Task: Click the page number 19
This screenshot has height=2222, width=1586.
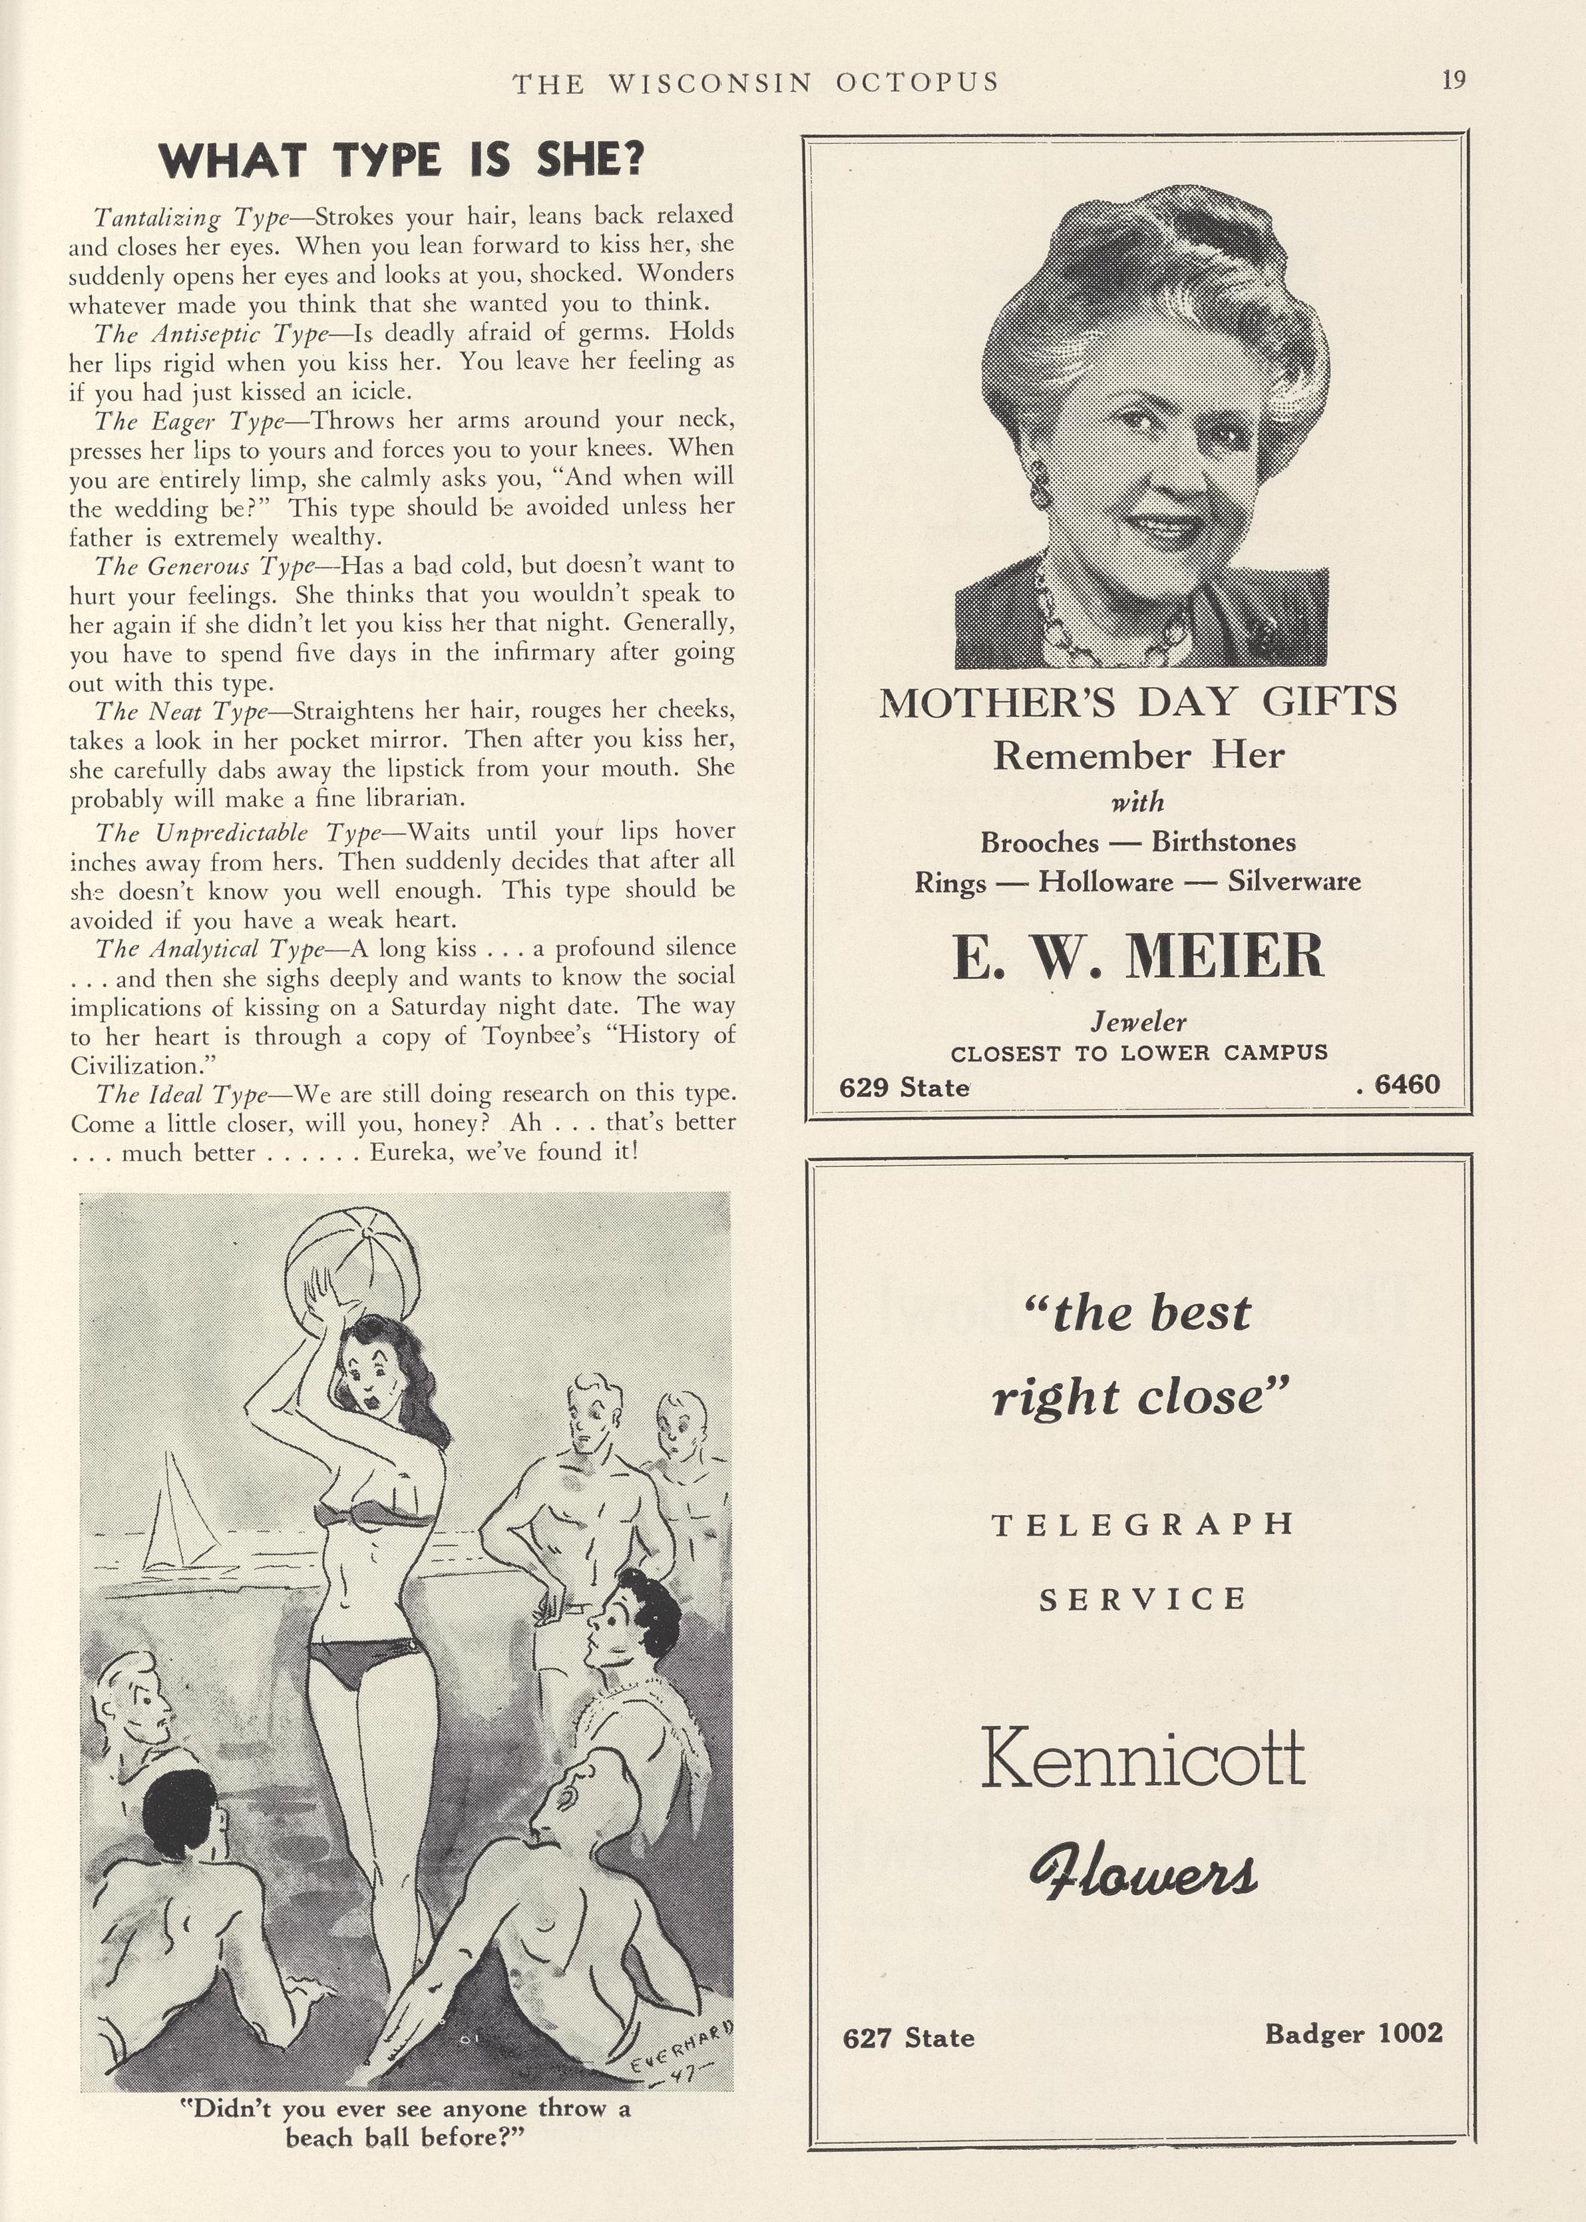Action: click(1453, 79)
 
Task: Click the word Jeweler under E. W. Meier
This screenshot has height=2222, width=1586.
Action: click(1137, 1022)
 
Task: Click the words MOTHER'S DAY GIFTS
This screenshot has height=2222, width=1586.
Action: click(1137, 702)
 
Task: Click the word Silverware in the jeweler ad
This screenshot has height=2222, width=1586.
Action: click(1294, 882)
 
